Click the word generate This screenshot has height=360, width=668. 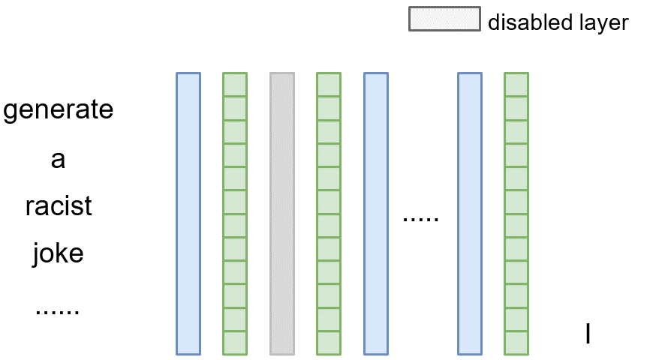tap(59, 110)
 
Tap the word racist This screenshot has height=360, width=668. tap(59, 206)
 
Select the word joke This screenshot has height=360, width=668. tap(58, 253)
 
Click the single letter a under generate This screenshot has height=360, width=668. tap(58, 159)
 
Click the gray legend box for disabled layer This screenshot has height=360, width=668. tap(444, 19)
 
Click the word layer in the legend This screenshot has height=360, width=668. tap(600, 23)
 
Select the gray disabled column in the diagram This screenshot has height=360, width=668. tap(281, 213)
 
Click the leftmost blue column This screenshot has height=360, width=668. tap(188, 213)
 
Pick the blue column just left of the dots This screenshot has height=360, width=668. tap(375, 213)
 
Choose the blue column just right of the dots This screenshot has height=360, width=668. tap(469, 213)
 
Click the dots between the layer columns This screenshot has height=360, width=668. tap(420, 219)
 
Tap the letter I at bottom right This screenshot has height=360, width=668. tap(588, 334)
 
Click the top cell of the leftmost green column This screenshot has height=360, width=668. tap(235, 85)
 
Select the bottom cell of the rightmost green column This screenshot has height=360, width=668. tap(516, 342)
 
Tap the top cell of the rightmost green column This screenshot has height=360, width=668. tap(516, 85)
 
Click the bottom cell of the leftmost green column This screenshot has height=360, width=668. tap(235, 342)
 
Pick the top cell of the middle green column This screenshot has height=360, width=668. tap(328, 85)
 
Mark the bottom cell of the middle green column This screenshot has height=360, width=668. tap(328, 342)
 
